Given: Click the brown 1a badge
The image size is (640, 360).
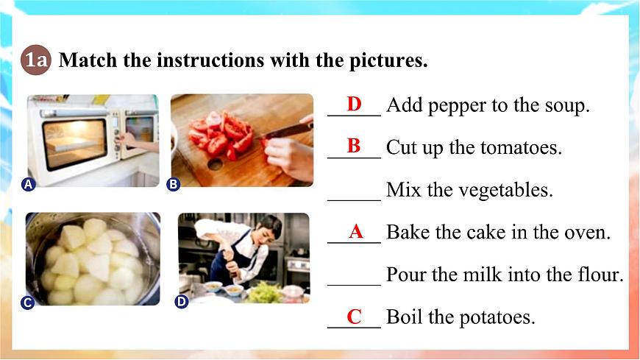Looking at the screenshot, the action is tap(36, 60).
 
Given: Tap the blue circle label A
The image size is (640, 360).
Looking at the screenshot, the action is tap(28, 185).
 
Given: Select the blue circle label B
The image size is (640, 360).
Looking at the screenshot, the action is tap(174, 185).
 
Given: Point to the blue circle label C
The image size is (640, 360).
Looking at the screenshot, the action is tap(27, 303).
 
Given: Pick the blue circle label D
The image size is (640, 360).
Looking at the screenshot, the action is tap(181, 302).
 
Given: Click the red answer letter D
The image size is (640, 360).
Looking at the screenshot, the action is tap(355, 104).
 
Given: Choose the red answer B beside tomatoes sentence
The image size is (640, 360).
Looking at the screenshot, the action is tap(354, 146).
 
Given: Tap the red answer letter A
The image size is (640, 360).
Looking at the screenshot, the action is tap(356, 232).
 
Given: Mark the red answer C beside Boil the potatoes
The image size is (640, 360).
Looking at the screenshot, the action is tap(355, 317).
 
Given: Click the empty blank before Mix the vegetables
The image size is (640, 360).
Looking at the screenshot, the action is tap(354, 200).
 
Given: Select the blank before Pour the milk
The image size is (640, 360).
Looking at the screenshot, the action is tap(354, 284).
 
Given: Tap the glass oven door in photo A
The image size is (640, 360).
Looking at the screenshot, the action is tap(75, 144).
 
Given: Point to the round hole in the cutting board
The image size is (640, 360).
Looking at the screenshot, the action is tap(215, 164).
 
